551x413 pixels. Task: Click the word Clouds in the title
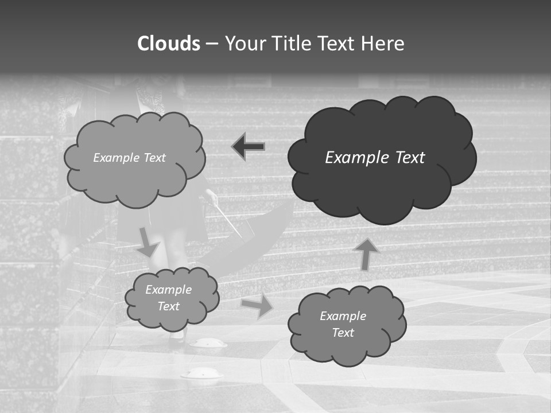[169, 44]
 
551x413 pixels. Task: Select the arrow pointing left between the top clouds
[249, 147]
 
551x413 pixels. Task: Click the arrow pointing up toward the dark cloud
[366, 254]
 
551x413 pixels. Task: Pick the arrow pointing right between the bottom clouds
[257, 306]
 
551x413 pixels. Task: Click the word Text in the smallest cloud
[168, 306]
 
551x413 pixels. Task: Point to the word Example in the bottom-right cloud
[343, 316]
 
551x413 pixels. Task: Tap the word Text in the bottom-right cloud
[343, 333]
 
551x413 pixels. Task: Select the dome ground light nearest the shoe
[208, 343]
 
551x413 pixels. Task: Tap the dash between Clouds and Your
[211, 44]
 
